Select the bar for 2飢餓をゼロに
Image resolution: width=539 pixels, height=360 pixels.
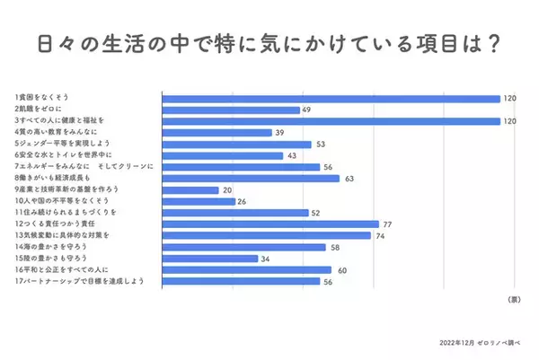coord(231,110)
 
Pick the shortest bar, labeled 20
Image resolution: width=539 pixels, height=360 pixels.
coord(190,190)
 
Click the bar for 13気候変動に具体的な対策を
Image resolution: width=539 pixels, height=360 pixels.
coord(266,235)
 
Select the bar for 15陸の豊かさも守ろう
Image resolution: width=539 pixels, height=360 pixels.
coord(209,259)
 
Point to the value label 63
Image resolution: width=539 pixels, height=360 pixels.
coord(349,179)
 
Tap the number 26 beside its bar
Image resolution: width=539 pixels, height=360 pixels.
coord(243,202)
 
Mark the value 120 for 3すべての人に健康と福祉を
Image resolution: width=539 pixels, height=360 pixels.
coord(510,121)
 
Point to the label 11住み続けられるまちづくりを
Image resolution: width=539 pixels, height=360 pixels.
coord(59,213)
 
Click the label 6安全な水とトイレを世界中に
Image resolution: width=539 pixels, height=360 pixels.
coord(58,155)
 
